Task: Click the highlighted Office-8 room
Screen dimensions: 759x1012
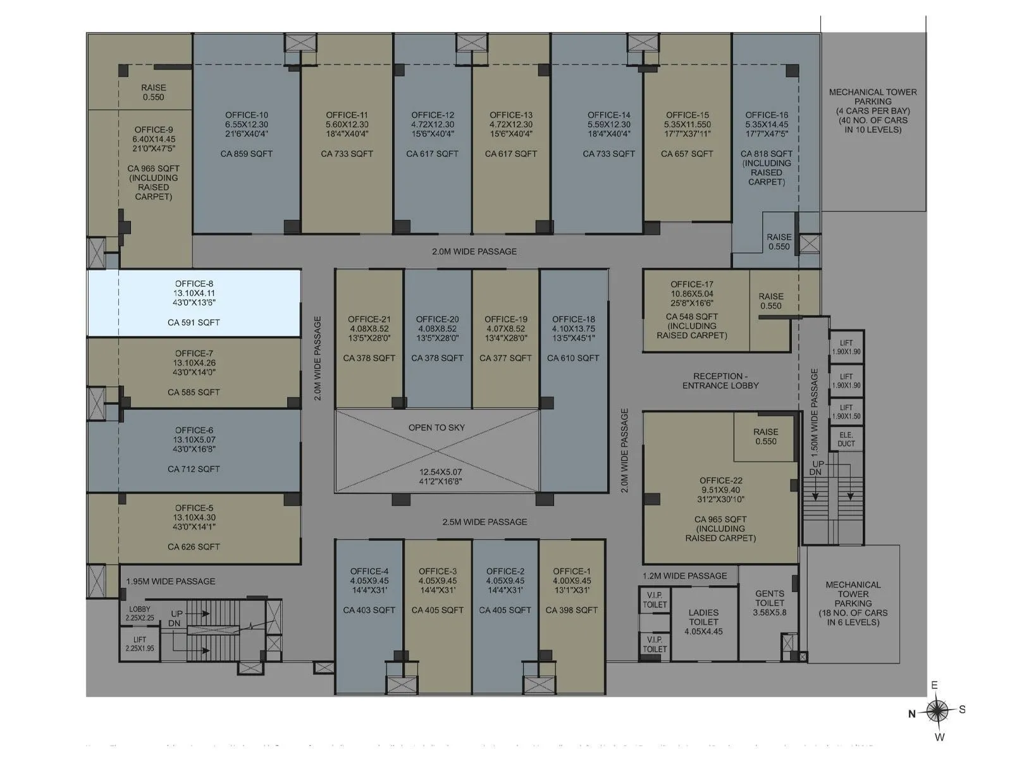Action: [194, 302]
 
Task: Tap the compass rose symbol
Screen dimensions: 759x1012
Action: [938, 711]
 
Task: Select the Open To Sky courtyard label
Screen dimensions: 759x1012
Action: [436, 428]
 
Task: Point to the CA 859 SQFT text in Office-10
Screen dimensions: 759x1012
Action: [247, 154]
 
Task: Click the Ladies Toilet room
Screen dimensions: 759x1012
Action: [703, 622]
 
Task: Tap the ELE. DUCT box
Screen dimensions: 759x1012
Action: [846, 440]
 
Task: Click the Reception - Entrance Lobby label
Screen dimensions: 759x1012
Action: [720, 381]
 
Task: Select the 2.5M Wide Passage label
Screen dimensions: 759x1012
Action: [484, 522]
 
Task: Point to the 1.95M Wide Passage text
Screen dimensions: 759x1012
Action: [171, 581]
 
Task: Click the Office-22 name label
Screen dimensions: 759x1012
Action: [721, 481]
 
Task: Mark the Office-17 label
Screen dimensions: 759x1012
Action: [692, 285]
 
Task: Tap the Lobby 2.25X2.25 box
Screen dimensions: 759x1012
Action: [140, 614]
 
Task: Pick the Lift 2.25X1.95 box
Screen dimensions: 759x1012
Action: [140, 644]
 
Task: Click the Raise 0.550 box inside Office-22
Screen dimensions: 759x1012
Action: [765, 437]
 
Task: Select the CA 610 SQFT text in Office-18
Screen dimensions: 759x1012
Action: [573, 358]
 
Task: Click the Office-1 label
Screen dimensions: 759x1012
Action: [572, 571]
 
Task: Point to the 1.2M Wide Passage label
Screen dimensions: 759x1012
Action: [685, 576]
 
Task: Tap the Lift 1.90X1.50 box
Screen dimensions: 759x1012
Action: [846, 412]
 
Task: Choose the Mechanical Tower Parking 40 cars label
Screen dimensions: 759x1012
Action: [873, 111]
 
